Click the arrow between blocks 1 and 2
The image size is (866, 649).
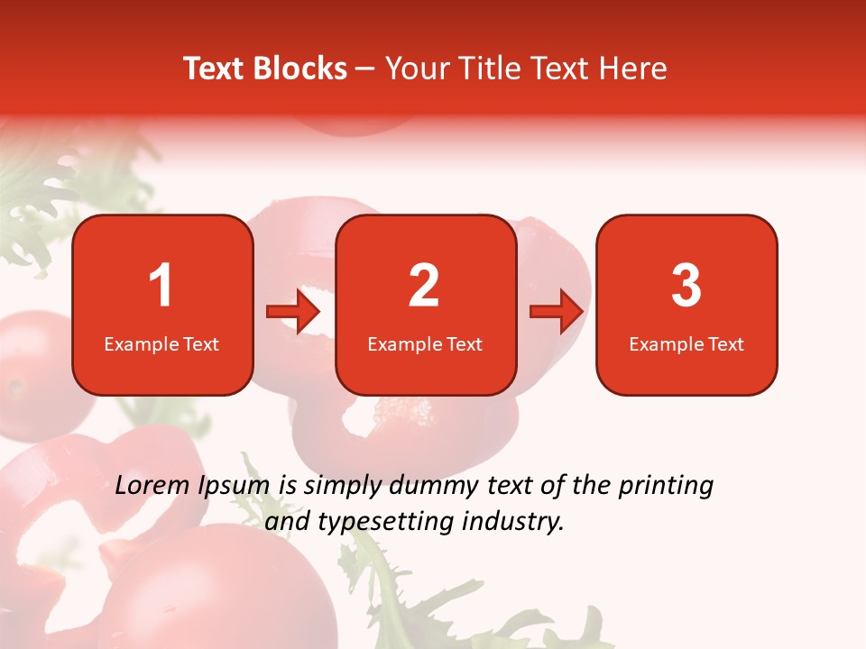click(x=293, y=312)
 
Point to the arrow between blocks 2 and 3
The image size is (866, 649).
click(x=557, y=312)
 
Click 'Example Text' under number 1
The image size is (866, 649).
click(x=161, y=344)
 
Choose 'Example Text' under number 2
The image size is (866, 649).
click(x=425, y=344)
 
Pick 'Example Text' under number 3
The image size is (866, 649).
click(x=686, y=344)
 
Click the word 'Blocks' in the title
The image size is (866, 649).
click(x=299, y=69)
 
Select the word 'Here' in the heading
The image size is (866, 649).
click(x=635, y=69)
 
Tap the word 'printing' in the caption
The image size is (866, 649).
click(x=665, y=487)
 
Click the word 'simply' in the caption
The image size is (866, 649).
click(x=342, y=487)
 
